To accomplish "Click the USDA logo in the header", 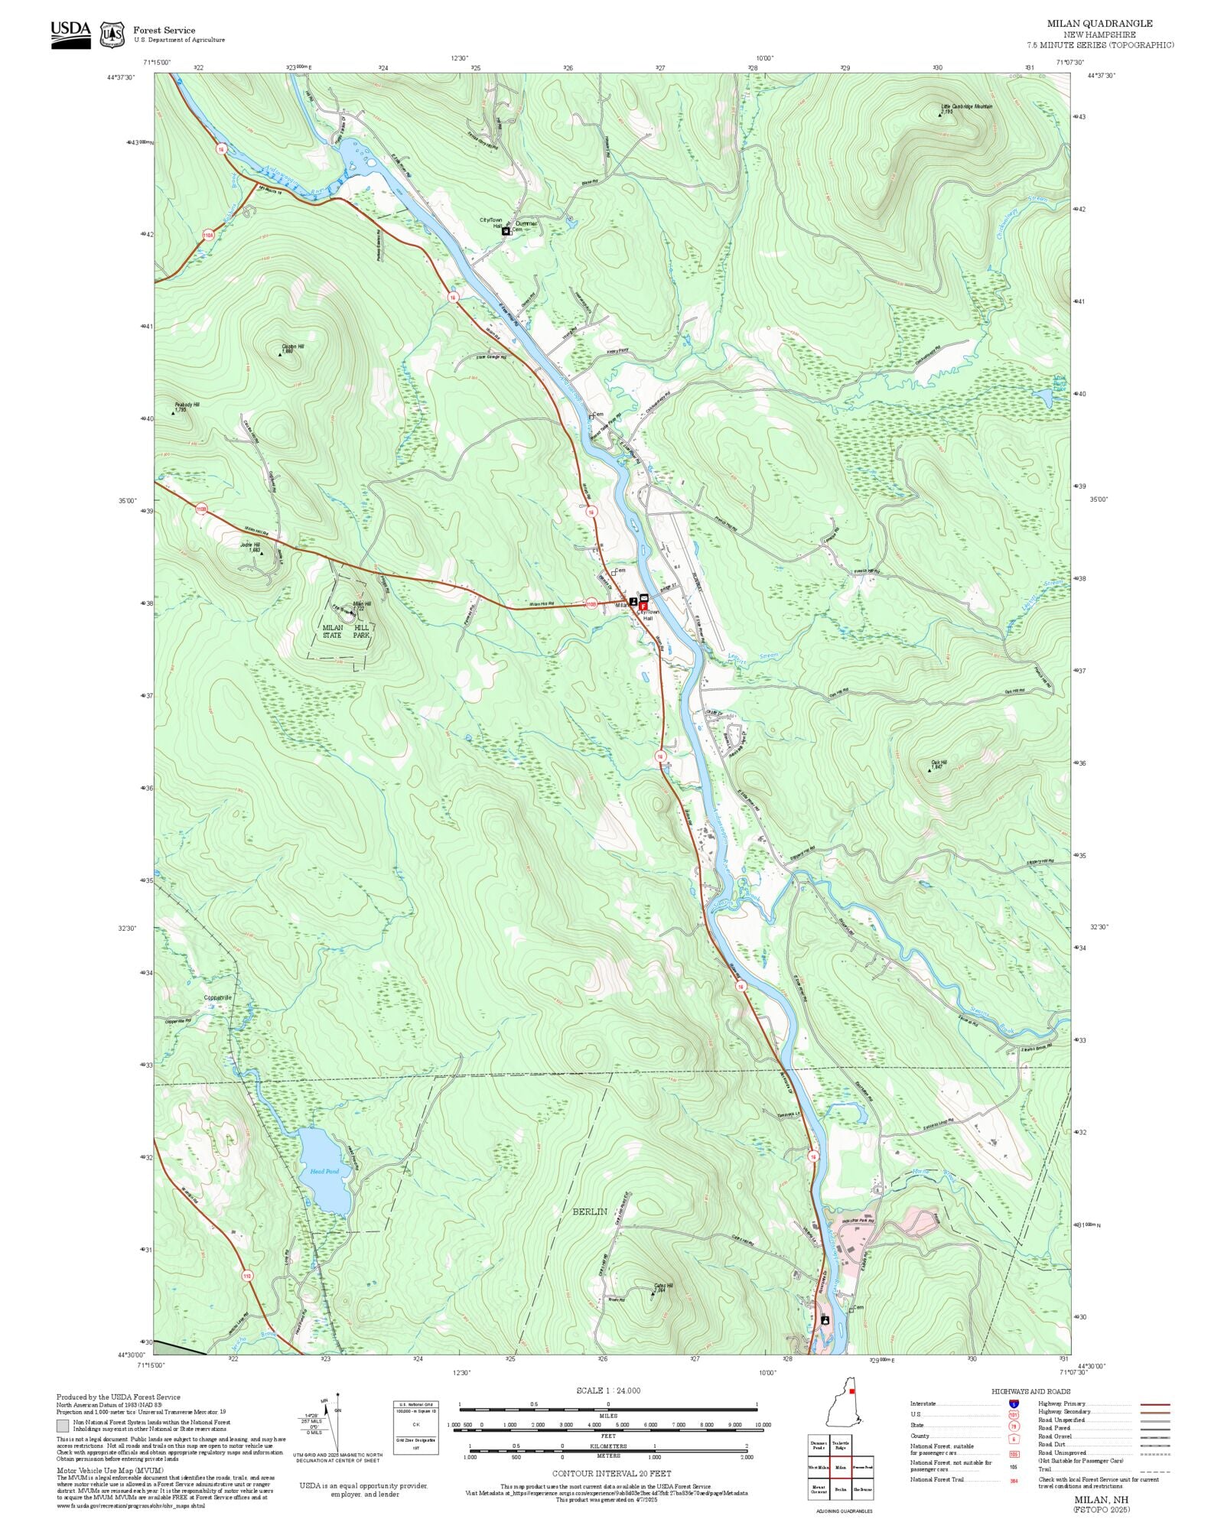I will tap(70, 34).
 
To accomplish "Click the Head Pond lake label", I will tap(324, 1171).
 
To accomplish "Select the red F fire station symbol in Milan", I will tap(643, 606).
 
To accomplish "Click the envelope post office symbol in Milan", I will tap(643, 597).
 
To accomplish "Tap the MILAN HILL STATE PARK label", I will tap(346, 631).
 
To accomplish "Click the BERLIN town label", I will tap(590, 1212).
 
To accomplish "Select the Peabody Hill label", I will tap(187, 405).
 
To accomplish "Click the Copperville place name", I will tap(217, 997).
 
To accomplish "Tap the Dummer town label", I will tap(526, 223).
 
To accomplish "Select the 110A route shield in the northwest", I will tap(208, 235).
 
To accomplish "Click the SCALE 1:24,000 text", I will tap(608, 1391).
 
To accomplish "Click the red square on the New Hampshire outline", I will tap(851, 1392).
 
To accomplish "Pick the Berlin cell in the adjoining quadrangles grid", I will tap(841, 1489).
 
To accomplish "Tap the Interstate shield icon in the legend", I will tap(1014, 1404).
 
